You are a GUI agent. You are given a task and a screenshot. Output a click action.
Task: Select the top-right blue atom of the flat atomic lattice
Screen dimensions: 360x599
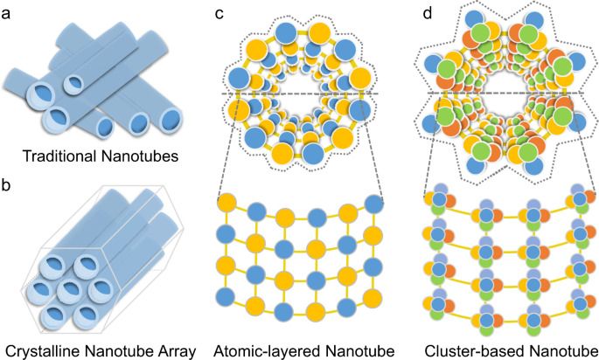click(x=374, y=204)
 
